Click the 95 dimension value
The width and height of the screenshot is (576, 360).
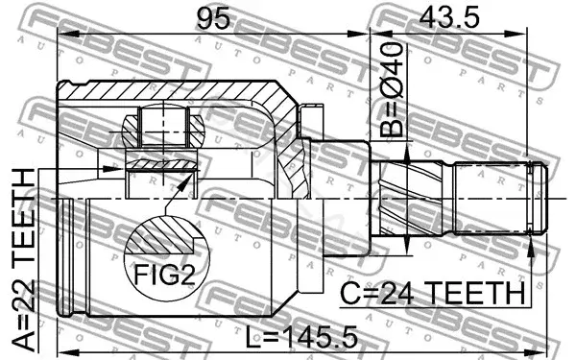pyautogui.click(x=213, y=18)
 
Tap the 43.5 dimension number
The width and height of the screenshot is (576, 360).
pyautogui.click(x=449, y=17)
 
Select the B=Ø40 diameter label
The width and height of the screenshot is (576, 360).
pyautogui.click(x=392, y=89)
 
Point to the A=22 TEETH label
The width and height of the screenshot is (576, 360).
pyautogui.click(x=23, y=258)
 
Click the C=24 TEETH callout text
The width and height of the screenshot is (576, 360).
pyautogui.click(x=432, y=293)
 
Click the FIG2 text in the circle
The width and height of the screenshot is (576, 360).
pyautogui.click(x=164, y=275)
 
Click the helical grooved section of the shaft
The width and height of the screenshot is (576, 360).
pyautogui.click(x=412, y=199)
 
